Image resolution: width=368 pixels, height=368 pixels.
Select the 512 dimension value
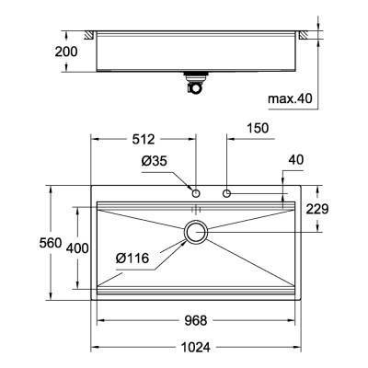[x=143, y=141]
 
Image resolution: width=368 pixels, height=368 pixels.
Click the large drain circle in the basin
[x=196, y=233]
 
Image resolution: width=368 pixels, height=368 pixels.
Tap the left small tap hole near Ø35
[x=196, y=193]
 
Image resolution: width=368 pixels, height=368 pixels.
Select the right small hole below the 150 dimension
[x=226, y=193]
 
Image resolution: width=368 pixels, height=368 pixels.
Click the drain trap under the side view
[x=196, y=86]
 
